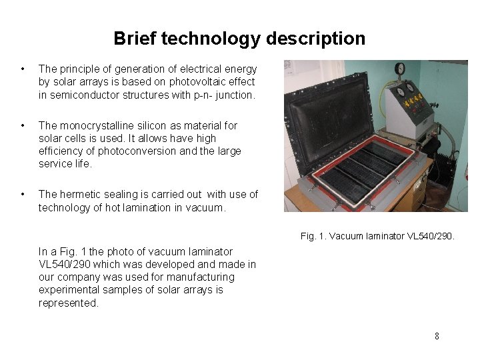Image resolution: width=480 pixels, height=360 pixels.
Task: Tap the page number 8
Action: point(437,336)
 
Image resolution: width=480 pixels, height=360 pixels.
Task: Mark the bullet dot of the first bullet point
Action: point(23,69)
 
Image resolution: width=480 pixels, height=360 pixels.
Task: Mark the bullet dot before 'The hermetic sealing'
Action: point(23,195)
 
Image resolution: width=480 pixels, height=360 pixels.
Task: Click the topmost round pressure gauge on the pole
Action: point(400,68)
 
